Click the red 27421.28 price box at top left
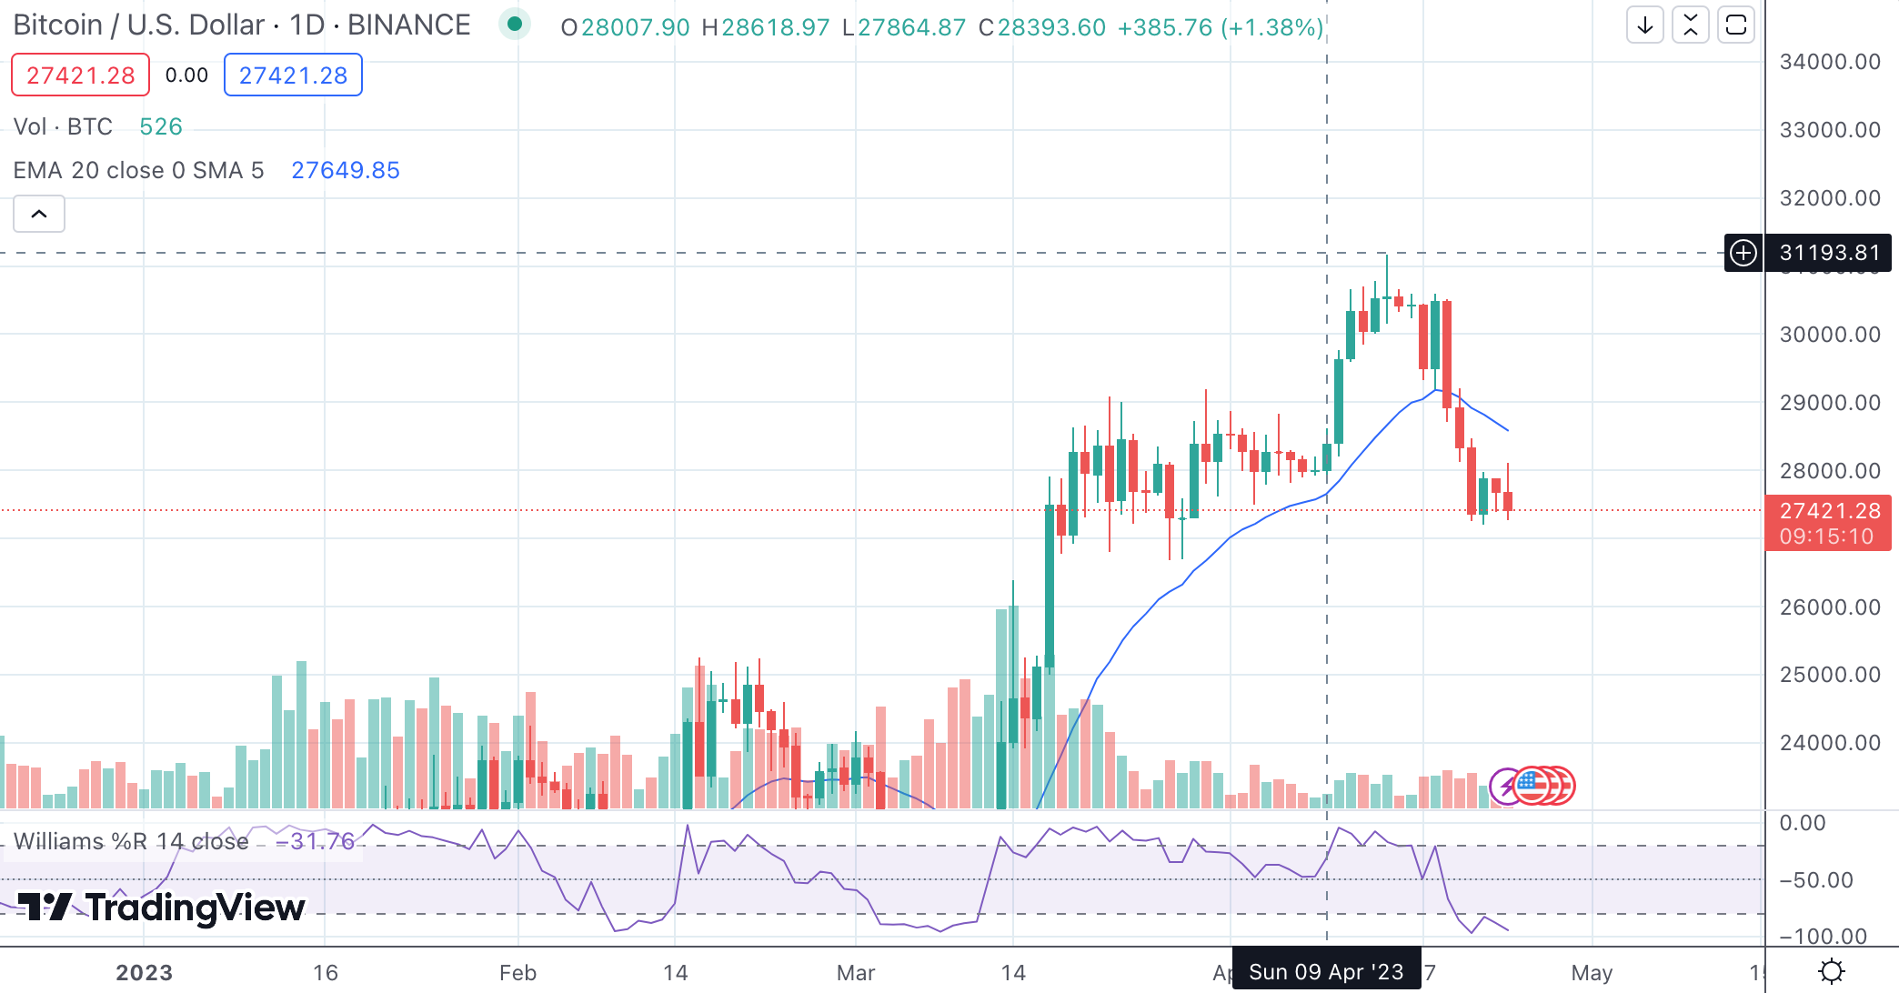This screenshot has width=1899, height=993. [x=80, y=75]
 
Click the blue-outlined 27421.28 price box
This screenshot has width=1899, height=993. [x=293, y=75]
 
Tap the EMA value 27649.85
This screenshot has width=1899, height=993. [x=345, y=170]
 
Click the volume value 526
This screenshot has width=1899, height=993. [x=161, y=126]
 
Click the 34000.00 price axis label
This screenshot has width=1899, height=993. [x=1829, y=62]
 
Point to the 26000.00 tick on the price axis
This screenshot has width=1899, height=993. [x=1829, y=607]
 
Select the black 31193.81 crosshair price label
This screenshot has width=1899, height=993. [x=1828, y=253]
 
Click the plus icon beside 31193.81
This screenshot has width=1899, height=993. [x=1743, y=253]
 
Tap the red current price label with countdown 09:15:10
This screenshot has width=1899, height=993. [x=1827, y=523]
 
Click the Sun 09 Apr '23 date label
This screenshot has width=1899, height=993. [x=1325, y=972]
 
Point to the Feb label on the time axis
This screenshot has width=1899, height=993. [x=517, y=973]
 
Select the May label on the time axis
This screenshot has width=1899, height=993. [x=1591, y=973]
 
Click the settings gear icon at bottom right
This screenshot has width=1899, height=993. [x=1831, y=971]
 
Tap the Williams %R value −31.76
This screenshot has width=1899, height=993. [x=315, y=841]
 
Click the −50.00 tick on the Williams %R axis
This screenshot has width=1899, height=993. [x=1816, y=880]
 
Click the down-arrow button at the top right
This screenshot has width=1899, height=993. [x=1644, y=25]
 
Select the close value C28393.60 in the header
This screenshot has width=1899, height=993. [x=1042, y=27]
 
